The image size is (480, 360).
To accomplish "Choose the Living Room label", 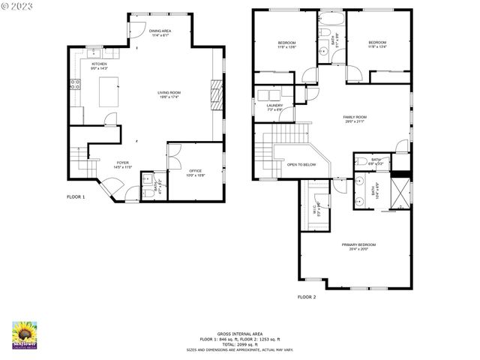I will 169,94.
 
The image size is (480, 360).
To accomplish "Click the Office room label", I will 195,172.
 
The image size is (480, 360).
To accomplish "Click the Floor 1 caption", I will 76,196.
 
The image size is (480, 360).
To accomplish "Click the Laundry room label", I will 274,106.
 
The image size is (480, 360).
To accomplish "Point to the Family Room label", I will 355,118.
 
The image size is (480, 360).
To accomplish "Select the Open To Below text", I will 301,164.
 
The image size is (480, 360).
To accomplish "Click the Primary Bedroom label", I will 358,246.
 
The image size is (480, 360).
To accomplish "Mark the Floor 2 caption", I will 307,297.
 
